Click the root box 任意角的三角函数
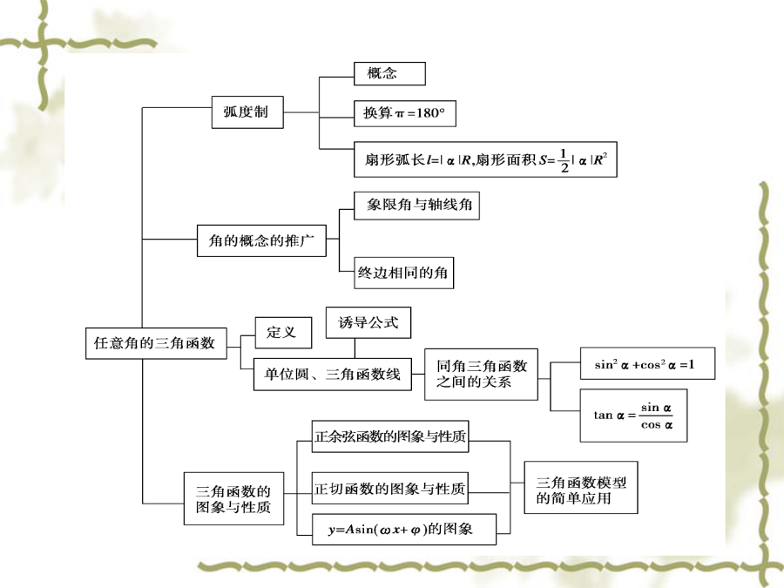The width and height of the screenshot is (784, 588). pyautogui.click(x=156, y=343)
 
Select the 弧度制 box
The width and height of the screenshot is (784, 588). pyautogui.click(x=247, y=112)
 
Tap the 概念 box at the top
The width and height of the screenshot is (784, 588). pyautogui.click(x=389, y=73)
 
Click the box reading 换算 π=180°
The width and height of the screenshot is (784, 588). pyautogui.click(x=404, y=113)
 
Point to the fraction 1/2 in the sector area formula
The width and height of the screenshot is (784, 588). pyautogui.click(x=564, y=160)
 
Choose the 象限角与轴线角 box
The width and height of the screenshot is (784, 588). pyautogui.click(x=416, y=206)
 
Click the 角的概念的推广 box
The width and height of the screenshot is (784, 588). pyautogui.click(x=261, y=241)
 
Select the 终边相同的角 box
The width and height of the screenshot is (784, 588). pyautogui.click(x=403, y=273)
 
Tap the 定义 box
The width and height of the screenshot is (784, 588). pyautogui.click(x=283, y=333)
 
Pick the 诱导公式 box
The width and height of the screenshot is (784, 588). pyautogui.click(x=368, y=322)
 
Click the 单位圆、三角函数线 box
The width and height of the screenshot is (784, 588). pyautogui.click(x=333, y=374)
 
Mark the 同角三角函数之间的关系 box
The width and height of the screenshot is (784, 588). pyautogui.click(x=481, y=374)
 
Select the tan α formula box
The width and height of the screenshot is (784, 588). pyautogui.click(x=633, y=416)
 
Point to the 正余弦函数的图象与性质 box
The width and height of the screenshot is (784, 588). pyautogui.click(x=390, y=436)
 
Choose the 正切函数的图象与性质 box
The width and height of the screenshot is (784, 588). pyautogui.click(x=390, y=489)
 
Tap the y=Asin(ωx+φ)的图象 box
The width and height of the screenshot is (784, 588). pyautogui.click(x=404, y=529)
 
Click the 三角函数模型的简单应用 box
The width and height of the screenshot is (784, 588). pyautogui.click(x=581, y=488)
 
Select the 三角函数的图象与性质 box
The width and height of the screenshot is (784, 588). pyautogui.click(x=233, y=498)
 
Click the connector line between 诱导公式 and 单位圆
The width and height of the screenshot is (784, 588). pyautogui.click(x=355, y=348)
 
